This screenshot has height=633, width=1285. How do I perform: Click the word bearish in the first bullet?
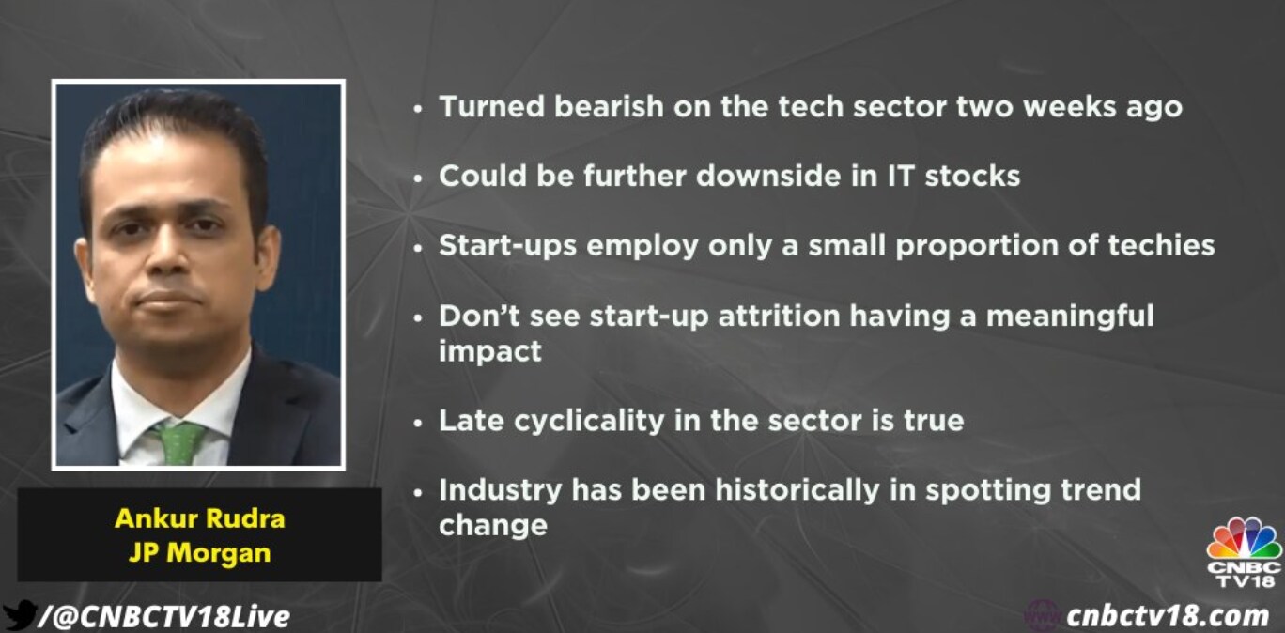point(609,107)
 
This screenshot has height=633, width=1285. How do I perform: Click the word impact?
point(490,351)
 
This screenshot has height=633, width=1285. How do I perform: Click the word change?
point(493,525)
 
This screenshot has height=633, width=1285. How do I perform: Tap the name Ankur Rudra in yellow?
point(200,519)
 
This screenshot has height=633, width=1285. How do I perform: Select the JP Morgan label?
point(200,553)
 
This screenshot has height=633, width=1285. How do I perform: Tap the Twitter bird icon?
point(20,615)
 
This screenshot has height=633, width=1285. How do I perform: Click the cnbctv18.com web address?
point(1168,616)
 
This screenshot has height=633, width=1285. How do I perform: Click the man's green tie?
point(180,442)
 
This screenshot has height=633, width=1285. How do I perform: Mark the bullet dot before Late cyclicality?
point(418,424)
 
